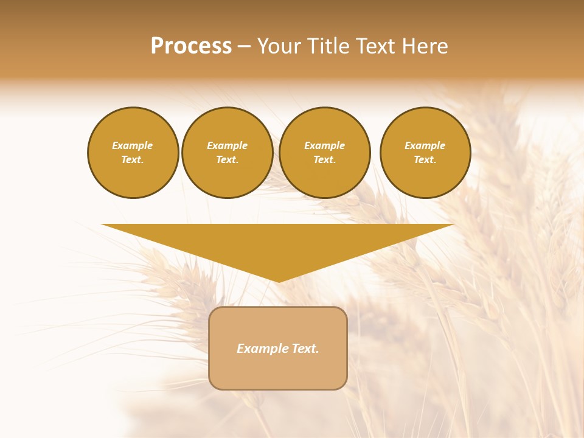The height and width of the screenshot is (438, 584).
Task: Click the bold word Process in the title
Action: coord(191,46)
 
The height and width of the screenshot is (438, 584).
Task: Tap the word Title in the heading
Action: coord(330,46)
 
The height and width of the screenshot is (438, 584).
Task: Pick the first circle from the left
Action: coord(133,153)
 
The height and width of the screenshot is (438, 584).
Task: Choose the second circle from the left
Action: coord(228,153)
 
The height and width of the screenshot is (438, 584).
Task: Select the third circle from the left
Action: coord(325,153)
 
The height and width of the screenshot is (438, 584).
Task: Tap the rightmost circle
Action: coord(425,153)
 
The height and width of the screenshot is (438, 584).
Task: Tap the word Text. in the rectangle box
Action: coord(304,349)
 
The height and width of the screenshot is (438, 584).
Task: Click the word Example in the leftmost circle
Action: coord(133,145)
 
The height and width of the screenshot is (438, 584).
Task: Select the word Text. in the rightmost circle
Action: coord(425,160)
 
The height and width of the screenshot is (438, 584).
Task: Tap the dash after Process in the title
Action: coord(245,46)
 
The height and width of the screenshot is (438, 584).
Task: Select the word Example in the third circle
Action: coord(325,145)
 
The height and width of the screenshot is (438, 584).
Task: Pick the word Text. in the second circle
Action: coord(228,160)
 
